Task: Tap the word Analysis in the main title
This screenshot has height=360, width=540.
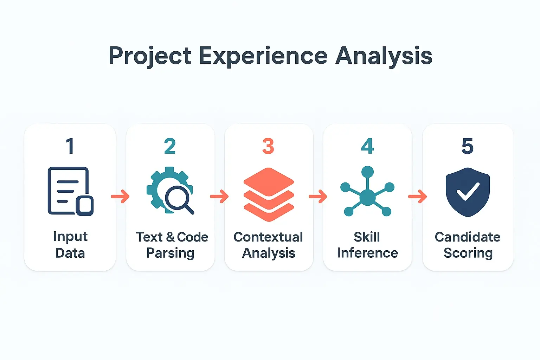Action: [384, 56]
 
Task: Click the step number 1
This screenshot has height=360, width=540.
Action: [70, 146]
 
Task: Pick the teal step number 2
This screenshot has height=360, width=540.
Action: [170, 146]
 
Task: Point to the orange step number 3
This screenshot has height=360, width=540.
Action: [268, 146]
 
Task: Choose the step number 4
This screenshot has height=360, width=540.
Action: [367, 146]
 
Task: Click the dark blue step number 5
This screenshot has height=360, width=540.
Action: [468, 146]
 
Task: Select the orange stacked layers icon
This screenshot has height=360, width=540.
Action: [269, 194]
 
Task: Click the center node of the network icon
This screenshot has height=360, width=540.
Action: [367, 197]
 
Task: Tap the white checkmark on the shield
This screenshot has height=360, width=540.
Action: [468, 191]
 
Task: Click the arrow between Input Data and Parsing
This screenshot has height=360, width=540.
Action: [121, 197]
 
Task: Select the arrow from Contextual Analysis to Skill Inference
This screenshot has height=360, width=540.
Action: [318, 197]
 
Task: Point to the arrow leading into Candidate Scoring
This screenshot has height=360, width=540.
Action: [418, 197]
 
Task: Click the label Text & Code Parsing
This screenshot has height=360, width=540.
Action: [172, 245]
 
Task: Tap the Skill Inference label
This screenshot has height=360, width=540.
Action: [367, 245]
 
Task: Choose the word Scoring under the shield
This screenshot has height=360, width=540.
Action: [468, 253]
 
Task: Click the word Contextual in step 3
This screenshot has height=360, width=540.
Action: [268, 237]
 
